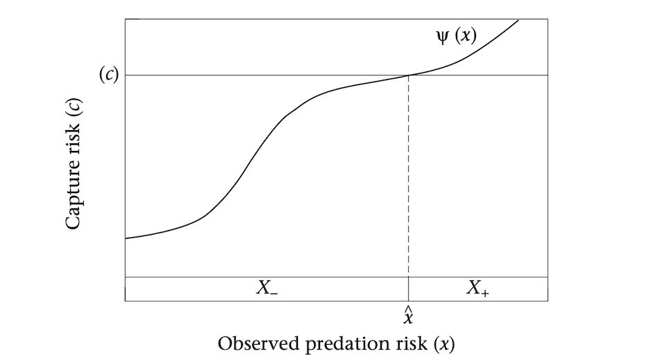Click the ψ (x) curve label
click(455, 35)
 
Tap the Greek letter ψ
click(442, 35)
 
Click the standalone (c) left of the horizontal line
click(107, 75)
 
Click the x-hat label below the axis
click(409, 317)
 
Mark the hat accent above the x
click(409, 310)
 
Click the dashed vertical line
click(409, 173)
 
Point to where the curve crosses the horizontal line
click(409, 75)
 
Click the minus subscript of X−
click(274, 294)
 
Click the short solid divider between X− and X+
click(409, 289)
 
